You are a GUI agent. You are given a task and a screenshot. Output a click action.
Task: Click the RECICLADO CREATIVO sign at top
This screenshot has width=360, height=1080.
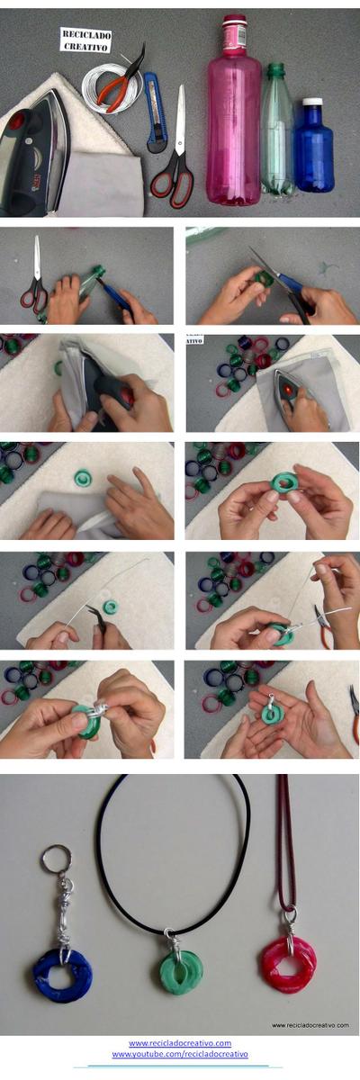(85, 40)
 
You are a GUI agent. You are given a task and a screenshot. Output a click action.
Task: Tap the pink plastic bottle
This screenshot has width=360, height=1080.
(233, 117)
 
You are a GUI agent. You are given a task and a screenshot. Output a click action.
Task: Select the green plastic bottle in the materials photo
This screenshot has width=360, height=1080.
(277, 130)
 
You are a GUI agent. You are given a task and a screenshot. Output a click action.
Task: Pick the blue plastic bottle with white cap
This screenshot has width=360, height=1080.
(314, 148)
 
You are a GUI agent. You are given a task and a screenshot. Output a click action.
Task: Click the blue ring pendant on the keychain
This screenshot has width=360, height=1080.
(63, 973)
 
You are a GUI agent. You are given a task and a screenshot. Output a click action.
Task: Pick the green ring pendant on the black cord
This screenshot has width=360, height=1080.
(182, 970)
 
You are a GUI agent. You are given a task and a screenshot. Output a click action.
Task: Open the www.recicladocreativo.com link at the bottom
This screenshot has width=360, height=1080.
(180, 1043)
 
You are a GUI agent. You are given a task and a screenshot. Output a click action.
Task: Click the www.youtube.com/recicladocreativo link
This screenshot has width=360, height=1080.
(180, 1054)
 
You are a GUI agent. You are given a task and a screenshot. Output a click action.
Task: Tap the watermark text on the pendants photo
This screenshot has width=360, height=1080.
(310, 1025)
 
